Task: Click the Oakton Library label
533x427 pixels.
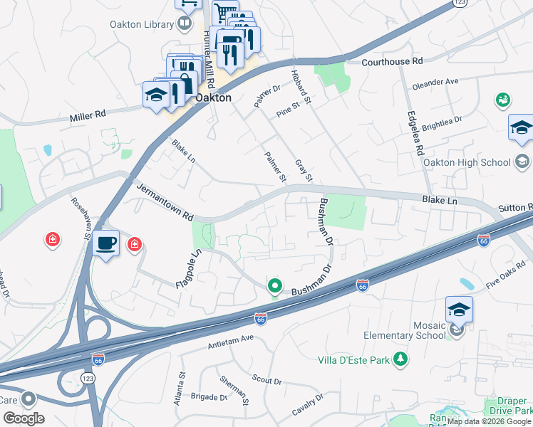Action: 141,24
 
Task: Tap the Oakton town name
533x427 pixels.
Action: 213,97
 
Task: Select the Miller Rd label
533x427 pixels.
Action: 88,114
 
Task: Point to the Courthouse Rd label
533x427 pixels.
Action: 392,62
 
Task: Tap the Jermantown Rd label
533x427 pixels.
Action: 165,201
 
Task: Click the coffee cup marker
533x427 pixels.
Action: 106,243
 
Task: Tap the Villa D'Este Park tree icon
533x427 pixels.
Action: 400,360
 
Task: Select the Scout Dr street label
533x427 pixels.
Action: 266,380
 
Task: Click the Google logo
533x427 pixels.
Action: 24,418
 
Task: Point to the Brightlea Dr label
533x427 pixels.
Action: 442,125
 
